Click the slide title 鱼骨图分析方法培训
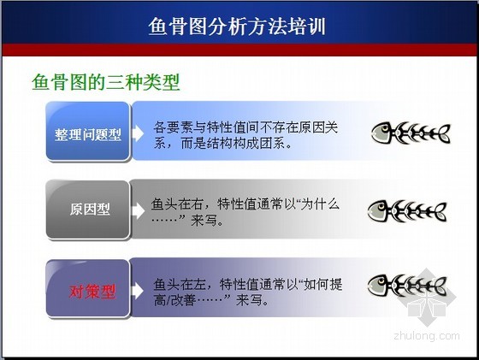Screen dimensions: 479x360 click(237, 27)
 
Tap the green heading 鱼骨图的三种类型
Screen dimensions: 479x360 click(106, 82)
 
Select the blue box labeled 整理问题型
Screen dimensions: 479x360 click(88, 132)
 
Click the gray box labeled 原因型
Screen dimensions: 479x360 click(88, 210)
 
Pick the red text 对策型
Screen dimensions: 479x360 click(92, 292)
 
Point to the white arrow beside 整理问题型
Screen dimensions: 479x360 click(138, 133)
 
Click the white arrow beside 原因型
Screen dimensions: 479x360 click(139, 210)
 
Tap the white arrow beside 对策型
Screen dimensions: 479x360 click(138, 291)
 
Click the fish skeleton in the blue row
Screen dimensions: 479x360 click(411, 133)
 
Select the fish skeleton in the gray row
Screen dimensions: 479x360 click(407, 211)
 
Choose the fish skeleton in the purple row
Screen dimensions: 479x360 click(407, 286)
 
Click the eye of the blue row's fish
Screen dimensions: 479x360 click(385, 128)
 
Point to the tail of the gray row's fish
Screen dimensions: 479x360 click(440, 212)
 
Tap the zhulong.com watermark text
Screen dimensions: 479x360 click(427, 335)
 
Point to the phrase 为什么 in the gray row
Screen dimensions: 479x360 click(320, 204)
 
